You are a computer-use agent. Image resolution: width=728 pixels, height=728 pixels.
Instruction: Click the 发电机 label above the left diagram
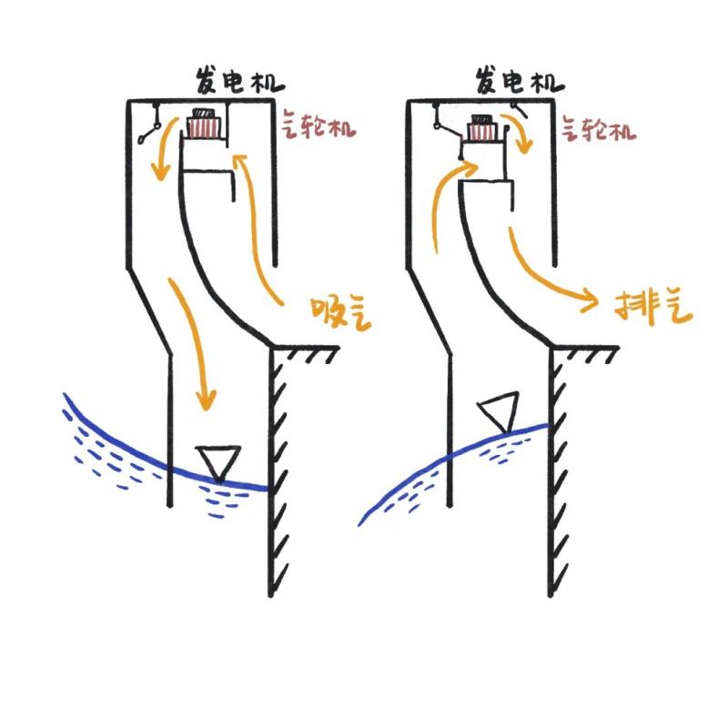(x=238, y=82)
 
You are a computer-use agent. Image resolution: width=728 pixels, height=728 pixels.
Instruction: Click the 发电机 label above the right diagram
(x=519, y=82)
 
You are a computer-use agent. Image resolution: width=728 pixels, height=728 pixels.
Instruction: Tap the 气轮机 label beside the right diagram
(x=598, y=127)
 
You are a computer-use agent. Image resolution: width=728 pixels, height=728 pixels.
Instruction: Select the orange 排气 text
(x=653, y=308)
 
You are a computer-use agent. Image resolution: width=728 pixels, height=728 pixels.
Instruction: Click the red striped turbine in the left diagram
(x=203, y=127)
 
